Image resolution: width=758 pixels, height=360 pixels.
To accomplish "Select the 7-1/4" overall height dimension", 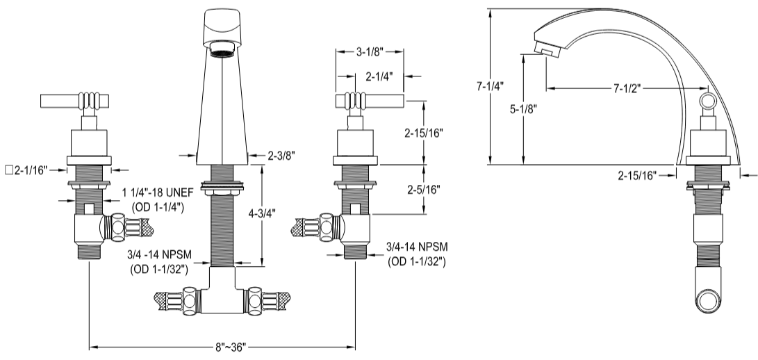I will [491, 87].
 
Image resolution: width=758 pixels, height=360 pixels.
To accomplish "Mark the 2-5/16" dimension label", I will [423, 189].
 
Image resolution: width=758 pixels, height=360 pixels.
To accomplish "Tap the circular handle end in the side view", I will [707, 104].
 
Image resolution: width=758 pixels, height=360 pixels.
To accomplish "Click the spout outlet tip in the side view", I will [545, 51].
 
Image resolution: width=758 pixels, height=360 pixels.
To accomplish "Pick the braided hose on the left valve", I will [143, 227].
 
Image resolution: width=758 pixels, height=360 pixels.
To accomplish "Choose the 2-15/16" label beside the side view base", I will [637, 177].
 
